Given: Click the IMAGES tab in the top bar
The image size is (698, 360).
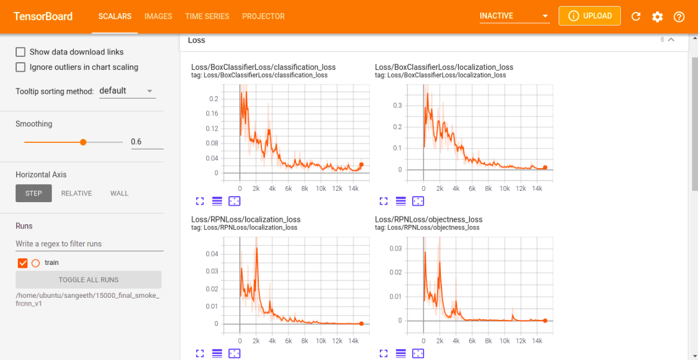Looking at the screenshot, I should point(158,16).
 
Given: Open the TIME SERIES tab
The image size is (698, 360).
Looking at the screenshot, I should point(207,16).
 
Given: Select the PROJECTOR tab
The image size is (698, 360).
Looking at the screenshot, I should point(263,16).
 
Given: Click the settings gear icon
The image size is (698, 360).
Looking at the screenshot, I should point(657,17).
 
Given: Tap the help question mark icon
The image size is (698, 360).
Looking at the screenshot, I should point(679,17).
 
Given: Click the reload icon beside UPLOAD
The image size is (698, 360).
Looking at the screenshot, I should point(636,17).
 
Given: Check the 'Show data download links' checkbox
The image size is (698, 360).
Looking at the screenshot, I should point(20,52).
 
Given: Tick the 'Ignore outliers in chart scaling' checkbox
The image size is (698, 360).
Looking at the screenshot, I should point(20,67).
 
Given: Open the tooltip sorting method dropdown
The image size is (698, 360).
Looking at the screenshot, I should point(127,91).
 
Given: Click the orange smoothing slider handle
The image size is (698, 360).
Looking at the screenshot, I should point(83,142).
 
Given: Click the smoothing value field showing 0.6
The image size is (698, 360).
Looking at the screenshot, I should point(147,142).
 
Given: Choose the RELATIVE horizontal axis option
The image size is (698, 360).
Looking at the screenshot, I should point(77,193).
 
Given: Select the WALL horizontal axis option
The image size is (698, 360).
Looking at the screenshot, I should point(119,193).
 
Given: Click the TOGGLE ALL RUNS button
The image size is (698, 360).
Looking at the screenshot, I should point(89,280).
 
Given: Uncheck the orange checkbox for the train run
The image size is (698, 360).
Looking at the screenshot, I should point(23,263).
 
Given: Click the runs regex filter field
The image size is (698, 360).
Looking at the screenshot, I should point(89,244).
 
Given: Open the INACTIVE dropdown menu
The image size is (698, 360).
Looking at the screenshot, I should point(514,16).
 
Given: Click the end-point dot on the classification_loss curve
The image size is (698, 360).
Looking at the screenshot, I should point(361,164).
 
